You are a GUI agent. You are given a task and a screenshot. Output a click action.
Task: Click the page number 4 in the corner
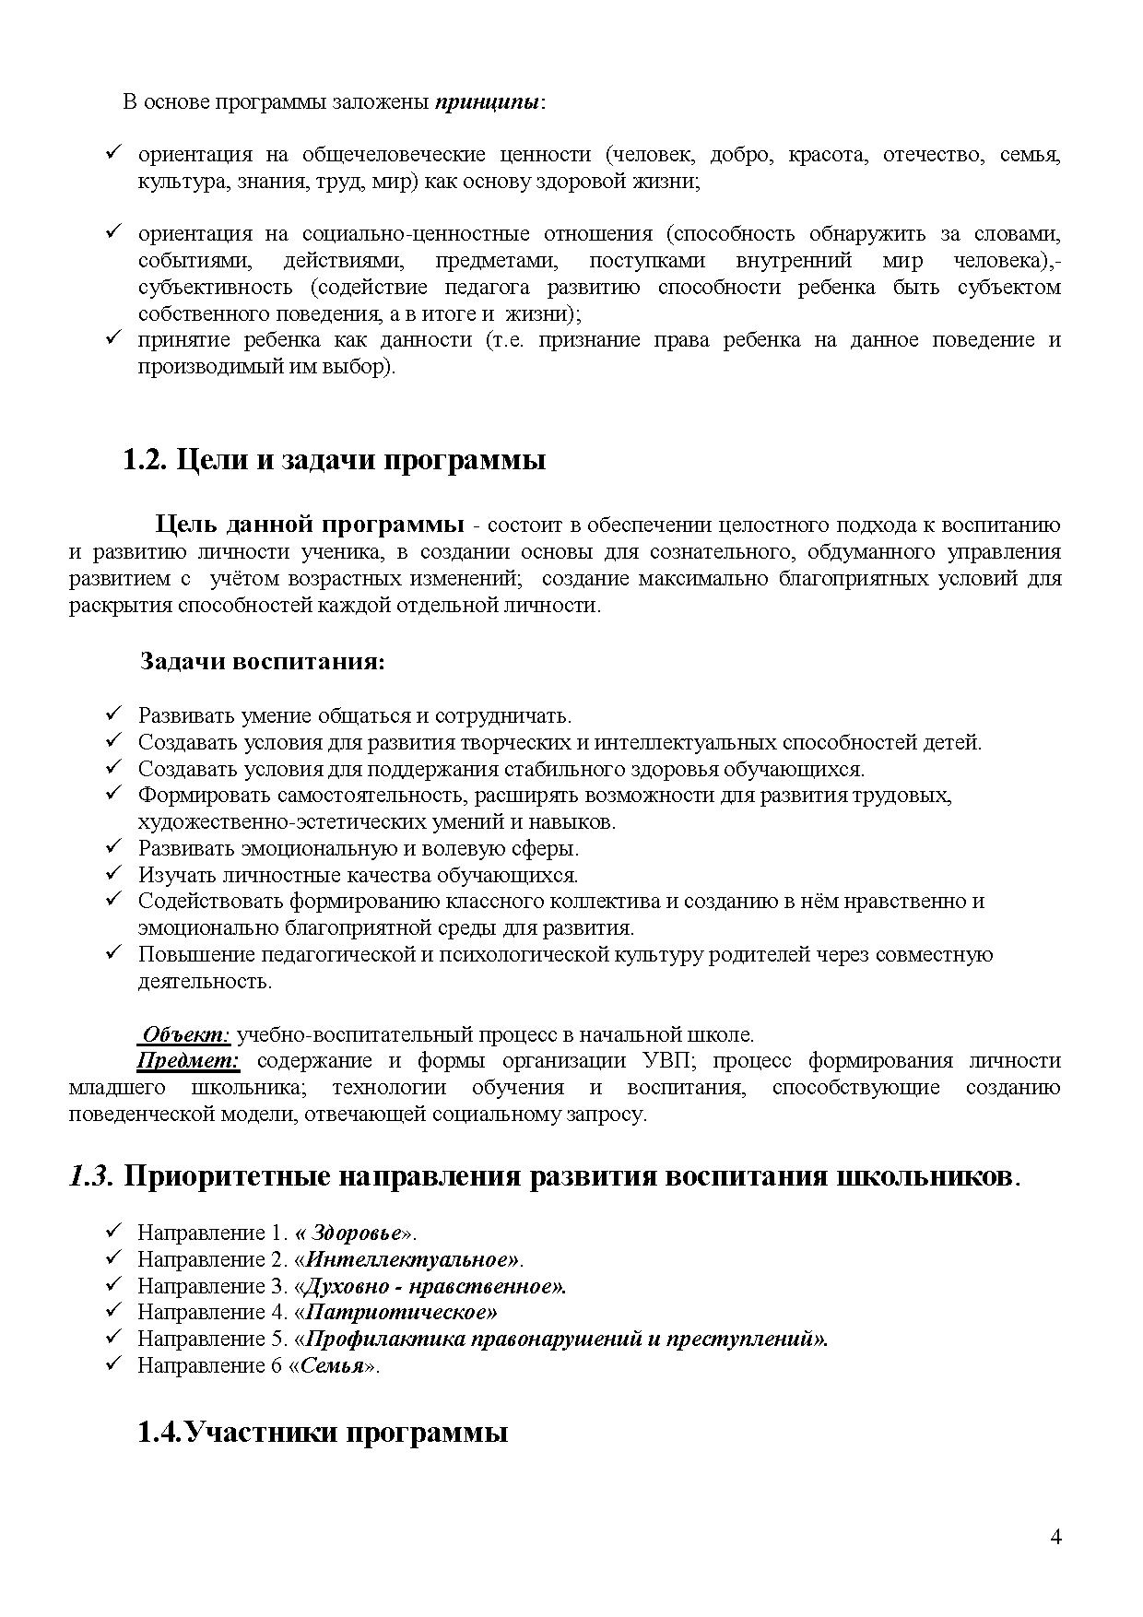tap(1055, 1536)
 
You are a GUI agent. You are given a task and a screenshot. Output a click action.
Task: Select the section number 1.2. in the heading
tap(145, 459)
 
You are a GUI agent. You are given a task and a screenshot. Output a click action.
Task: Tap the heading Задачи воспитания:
tap(262, 662)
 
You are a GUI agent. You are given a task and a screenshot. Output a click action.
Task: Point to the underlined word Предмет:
tap(189, 1061)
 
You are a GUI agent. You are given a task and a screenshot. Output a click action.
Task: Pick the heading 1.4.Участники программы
tap(323, 1433)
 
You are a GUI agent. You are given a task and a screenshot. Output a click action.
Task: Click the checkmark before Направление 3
tap(115, 1285)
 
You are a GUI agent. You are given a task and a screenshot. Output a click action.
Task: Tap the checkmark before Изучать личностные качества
tap(115, 874)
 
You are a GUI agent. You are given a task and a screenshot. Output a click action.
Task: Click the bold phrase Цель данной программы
tap(310, 525)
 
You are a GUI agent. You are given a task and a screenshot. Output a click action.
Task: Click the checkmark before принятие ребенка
tap(115, 339)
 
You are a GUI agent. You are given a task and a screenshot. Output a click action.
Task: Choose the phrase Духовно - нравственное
tap(432, 1286)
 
